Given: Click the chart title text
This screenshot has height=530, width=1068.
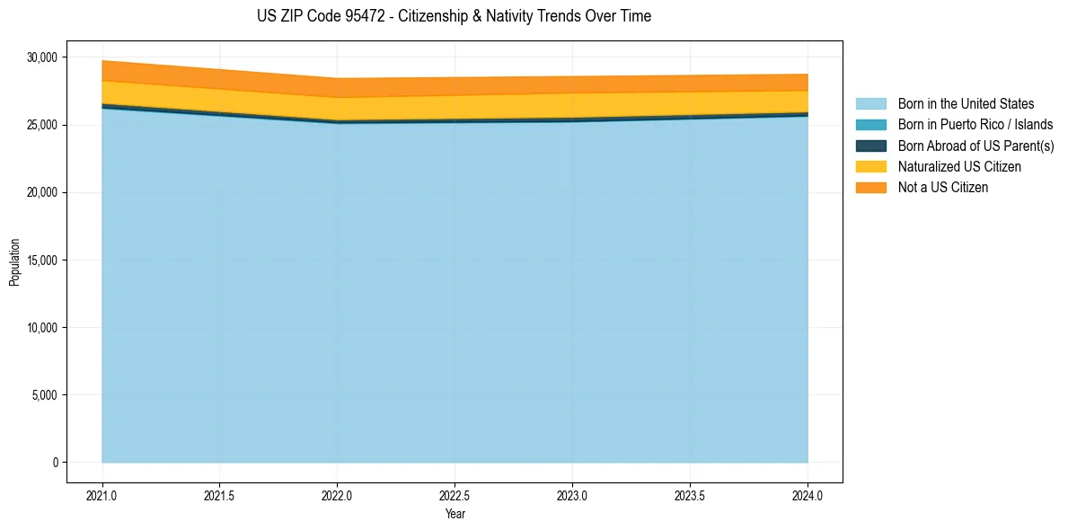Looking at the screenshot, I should point(454,16).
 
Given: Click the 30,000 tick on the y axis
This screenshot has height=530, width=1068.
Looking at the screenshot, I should point(41,57).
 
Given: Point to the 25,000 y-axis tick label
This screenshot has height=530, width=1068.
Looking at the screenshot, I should point(41,125).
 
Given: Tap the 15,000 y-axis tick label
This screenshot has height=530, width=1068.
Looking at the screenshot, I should point(41,261).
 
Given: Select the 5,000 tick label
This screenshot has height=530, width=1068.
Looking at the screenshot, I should point(44,395).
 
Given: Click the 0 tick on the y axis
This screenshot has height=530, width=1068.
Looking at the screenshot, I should point(55,463).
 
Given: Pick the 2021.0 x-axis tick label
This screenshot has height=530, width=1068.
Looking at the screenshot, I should point(102,495).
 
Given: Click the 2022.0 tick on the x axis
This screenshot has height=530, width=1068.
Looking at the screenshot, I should point(337,495).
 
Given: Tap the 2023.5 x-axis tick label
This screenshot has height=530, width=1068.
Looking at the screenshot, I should point(690,495).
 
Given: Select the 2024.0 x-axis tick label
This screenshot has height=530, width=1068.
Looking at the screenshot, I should point(808,495).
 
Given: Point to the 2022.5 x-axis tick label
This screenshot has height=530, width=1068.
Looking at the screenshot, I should point(455,495).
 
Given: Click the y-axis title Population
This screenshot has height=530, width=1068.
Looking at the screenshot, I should point(14,261).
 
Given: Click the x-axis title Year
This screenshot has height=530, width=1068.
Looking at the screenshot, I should point(455,514).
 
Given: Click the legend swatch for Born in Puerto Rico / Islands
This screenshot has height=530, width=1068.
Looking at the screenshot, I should point(870,125).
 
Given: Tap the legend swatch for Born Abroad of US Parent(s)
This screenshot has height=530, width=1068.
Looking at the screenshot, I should point(870,146).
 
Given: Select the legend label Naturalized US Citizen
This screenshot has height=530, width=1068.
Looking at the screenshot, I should point(959,167).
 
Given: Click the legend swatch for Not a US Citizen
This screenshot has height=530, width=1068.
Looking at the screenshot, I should point(870,188).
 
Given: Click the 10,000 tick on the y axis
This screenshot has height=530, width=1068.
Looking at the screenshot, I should point(41,328).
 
